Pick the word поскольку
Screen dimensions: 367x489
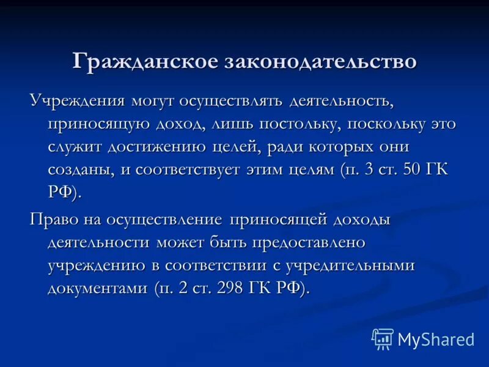tap(381, 124)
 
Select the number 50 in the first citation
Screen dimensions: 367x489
tap(409, 171)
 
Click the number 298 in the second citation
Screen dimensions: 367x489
tap(225, 288)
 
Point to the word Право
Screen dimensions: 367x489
tap(50, 220)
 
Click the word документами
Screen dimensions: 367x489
tap(98, 288)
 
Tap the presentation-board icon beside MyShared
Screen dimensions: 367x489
tap(383, 339)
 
